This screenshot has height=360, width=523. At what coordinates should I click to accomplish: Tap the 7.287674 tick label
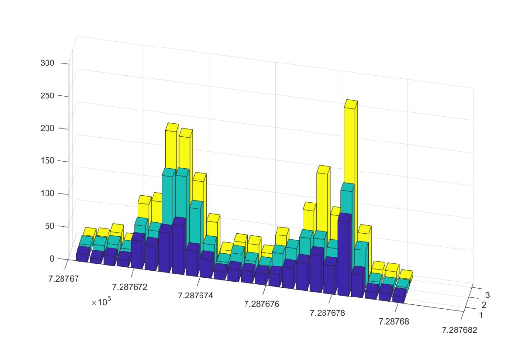click(x=195, y=296)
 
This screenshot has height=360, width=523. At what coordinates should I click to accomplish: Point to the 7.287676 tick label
click(x=261, y=304)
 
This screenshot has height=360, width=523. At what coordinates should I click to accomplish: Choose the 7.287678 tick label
click(x=328, y=313)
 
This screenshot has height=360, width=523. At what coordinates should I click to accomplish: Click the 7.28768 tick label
click(x=393, y=321)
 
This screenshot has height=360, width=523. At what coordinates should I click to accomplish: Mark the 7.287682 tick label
click(x=459, y=330)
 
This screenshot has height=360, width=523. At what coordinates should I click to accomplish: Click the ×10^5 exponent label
click(x=101, y=302)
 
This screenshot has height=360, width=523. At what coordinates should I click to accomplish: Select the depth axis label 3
click(x=487, y=295)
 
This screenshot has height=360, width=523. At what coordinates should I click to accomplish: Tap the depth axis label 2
click(x=484, y=305)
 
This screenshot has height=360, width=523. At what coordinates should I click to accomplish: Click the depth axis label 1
click(x=480, y=315)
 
